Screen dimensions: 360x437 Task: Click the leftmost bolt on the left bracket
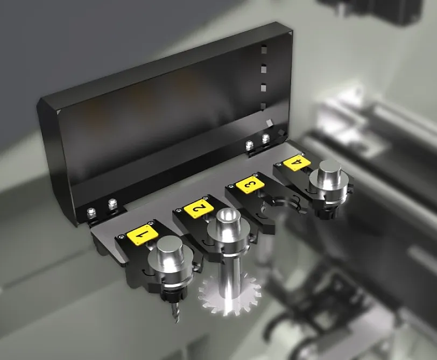(93, 213)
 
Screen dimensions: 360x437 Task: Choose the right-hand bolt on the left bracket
(112, 204)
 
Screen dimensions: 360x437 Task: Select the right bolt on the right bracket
(265, 139)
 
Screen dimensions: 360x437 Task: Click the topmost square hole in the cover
(263, 50)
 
